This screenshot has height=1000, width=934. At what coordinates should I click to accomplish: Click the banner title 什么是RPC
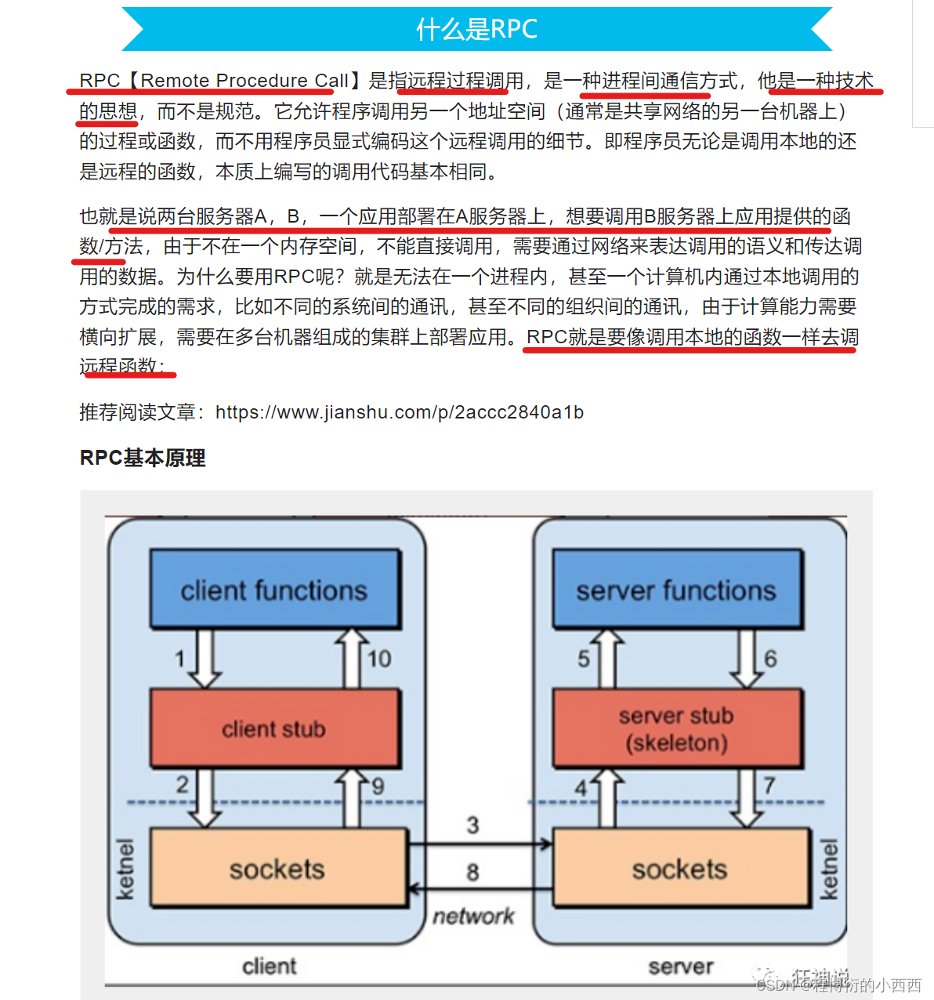476,29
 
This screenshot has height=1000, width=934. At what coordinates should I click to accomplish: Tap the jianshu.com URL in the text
399,412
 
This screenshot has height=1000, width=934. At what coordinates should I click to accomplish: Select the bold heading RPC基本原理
143,458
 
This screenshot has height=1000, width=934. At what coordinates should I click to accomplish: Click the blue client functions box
274,589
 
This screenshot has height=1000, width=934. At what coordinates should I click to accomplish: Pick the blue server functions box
677,589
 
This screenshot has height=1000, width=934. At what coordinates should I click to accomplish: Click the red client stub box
274,729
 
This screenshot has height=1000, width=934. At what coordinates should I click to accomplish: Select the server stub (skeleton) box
677,729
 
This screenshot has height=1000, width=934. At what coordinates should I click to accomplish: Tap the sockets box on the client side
277,868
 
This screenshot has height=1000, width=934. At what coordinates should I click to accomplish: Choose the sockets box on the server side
680,868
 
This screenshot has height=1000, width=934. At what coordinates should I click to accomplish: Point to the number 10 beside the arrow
380,659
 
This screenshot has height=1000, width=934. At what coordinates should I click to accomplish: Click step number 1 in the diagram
180,659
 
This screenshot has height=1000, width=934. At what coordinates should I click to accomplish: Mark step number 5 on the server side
584,659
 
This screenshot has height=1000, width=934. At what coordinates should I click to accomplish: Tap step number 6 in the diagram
771,659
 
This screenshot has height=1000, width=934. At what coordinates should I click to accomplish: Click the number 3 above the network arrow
472,825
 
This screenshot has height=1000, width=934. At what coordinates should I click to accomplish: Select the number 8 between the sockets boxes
472,872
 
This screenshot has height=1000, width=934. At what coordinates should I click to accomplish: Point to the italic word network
473,915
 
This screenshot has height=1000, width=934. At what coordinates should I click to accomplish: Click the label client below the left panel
270,966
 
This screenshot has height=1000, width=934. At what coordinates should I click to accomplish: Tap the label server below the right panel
681,966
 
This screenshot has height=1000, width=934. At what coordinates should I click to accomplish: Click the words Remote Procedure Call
244,81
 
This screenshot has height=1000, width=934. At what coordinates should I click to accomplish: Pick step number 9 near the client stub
378,786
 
